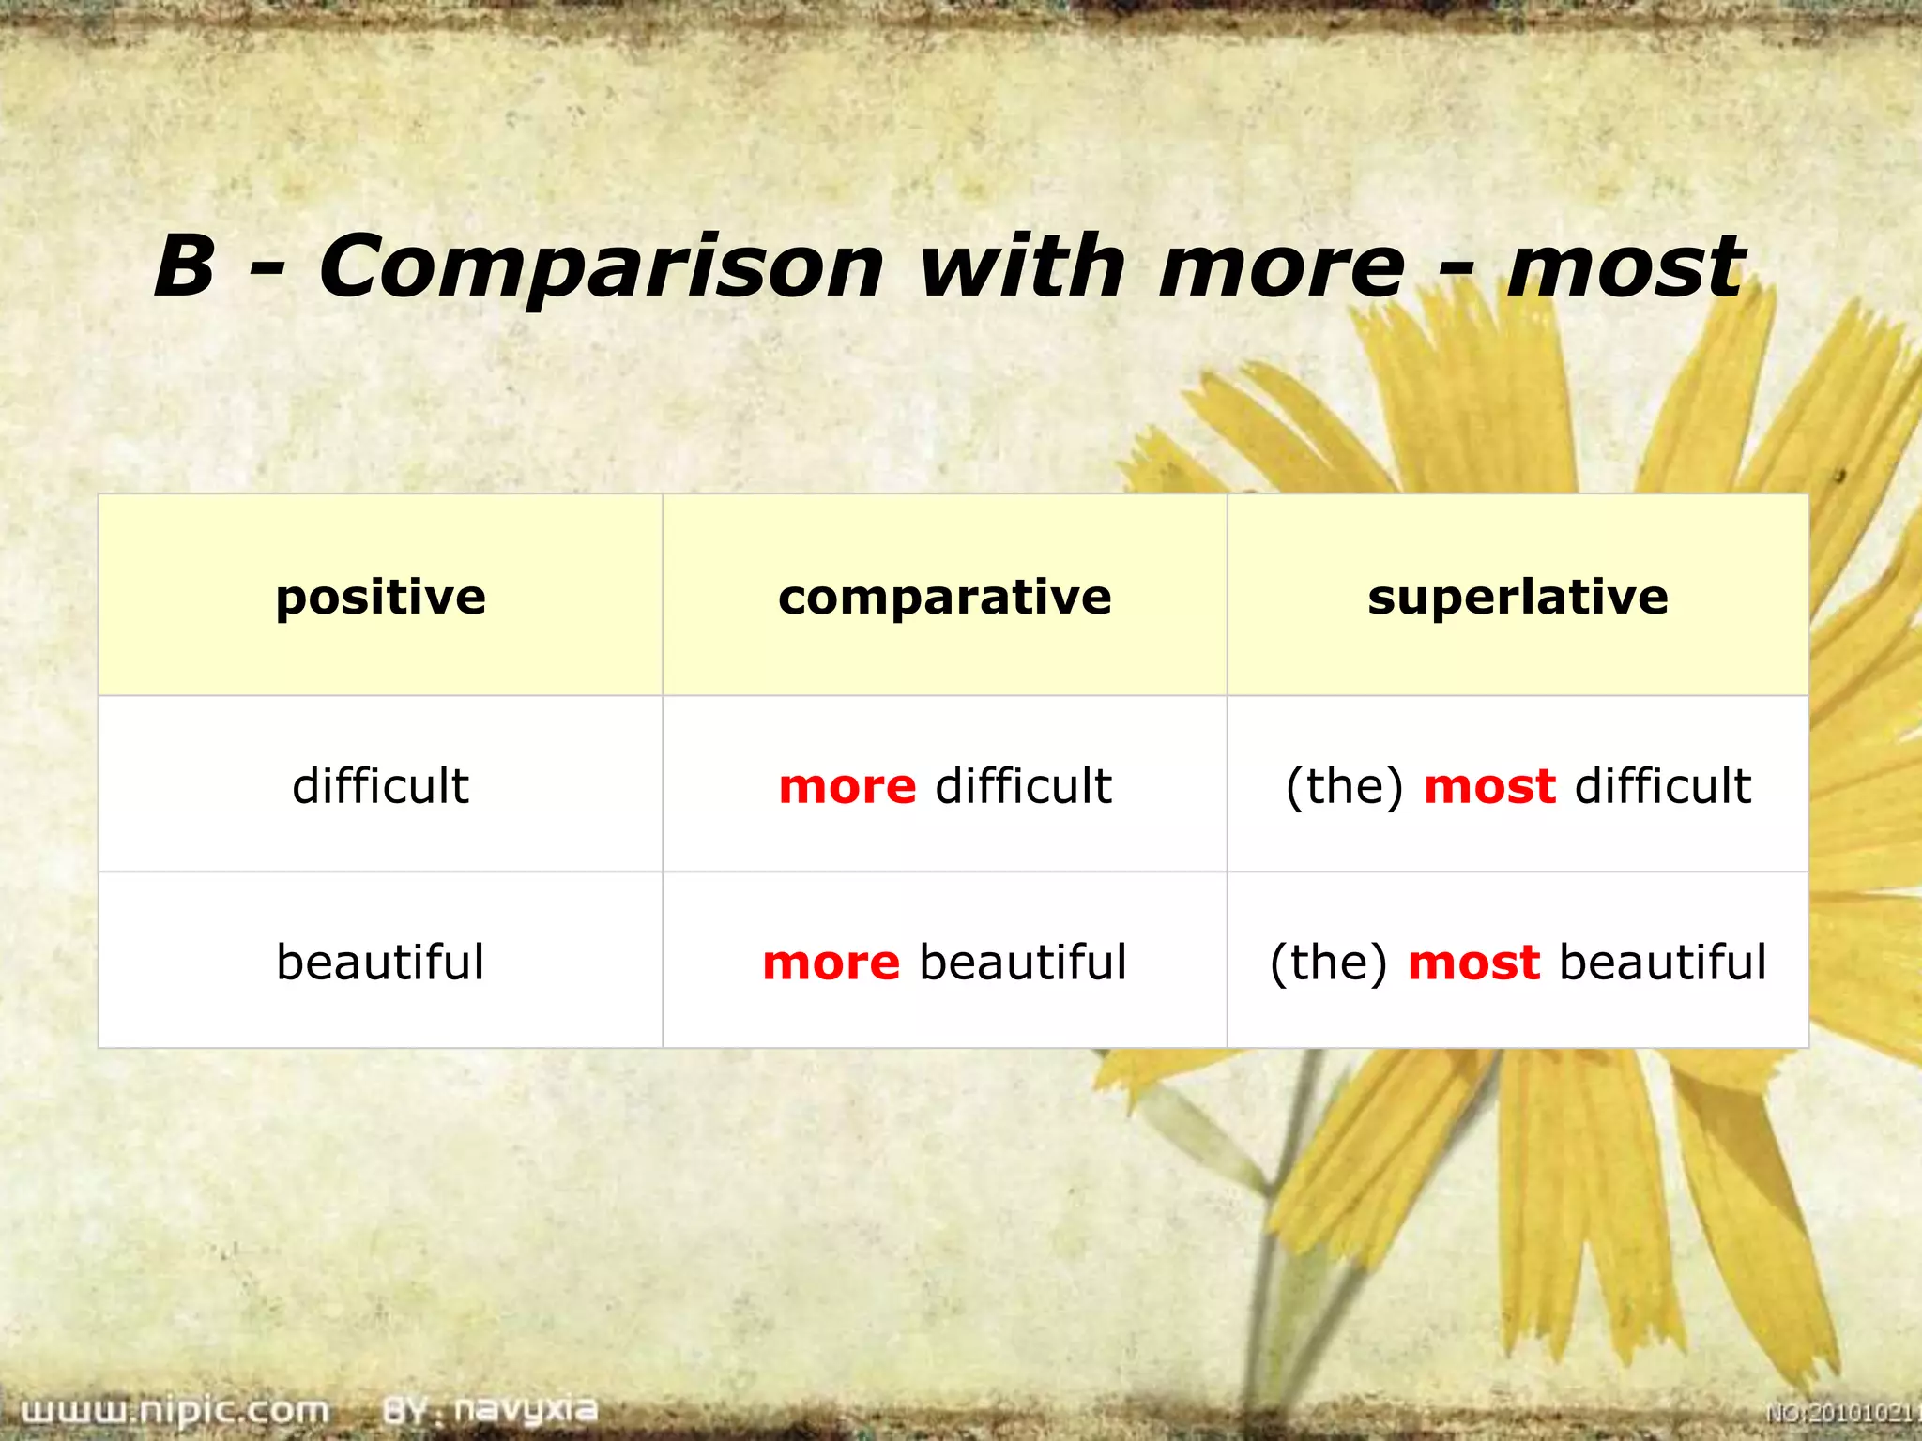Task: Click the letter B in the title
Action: coord(185,266)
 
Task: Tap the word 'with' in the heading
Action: coord(1021,266)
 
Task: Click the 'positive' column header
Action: coord(380,598)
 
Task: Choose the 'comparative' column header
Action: coord(944,598)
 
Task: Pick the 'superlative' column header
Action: coord(1518,598)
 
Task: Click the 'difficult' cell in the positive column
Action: coord(380,785)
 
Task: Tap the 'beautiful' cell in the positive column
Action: coord(380,963)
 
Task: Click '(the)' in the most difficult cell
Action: coord(1344,786)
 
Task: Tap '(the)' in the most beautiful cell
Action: coord(1328,963)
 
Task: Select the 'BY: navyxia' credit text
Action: coord(490,1409)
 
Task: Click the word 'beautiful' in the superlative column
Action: coord(1662,963)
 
